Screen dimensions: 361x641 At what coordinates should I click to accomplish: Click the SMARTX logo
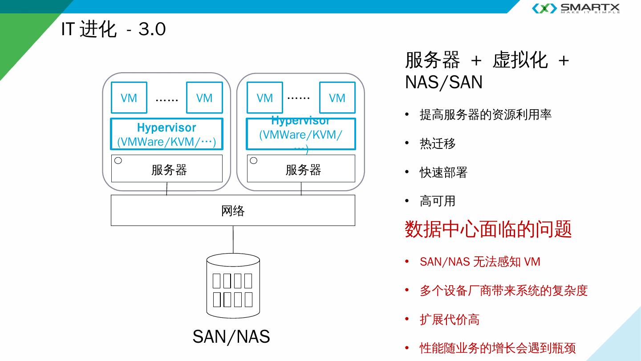(x=576, y=8)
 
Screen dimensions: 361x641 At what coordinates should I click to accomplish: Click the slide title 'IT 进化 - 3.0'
(x=114, y=29)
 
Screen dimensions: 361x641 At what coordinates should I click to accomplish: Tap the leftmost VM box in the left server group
(x=129, y=98)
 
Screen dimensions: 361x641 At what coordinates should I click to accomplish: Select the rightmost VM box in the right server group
(x=337, y=98)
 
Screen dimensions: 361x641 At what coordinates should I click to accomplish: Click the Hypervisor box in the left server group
(x=166, y=134)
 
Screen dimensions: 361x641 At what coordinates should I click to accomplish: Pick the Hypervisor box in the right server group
(x=301, y=134)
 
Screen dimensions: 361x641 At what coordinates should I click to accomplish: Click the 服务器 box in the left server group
(x=167, y=169)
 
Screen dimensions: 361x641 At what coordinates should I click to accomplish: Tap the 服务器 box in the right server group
(x=301, y=169)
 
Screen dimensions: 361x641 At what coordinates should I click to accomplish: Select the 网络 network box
(x=233, y=210)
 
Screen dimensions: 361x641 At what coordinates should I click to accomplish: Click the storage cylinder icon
(x=233, y=286)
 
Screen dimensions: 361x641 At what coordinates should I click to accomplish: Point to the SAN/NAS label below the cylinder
(x=231, y=336)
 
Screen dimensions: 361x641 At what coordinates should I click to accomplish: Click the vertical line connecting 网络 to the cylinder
(x=233, y=240)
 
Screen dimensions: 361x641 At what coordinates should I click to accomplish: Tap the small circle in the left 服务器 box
(x=118, y=161)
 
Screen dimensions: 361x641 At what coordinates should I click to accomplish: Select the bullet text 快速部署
(x=443, y=172)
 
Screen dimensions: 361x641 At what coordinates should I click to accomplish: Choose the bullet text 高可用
(x=438, y=201)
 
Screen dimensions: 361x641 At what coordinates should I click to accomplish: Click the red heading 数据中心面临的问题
(x=488, y=229)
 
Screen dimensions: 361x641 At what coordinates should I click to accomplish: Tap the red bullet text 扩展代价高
(x=449, y=320)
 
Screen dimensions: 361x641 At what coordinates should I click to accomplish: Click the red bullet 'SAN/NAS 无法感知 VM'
(x=480, y=262)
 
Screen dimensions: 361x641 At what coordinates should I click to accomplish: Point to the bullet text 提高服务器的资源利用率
(x=485, y=115)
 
